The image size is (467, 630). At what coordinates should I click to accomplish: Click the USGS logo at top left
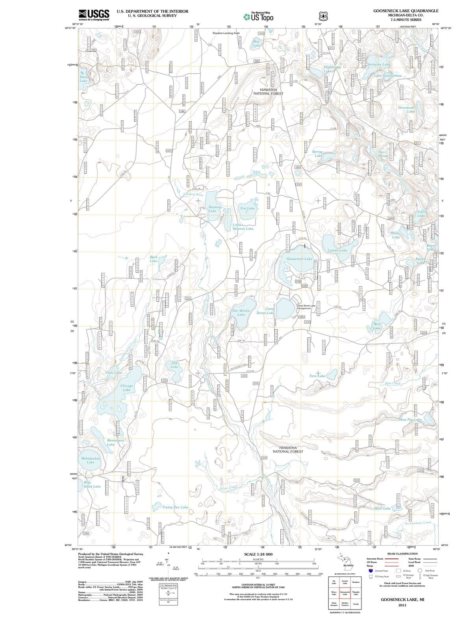(x=94, y=15)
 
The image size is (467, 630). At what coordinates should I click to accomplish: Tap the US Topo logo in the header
(x=258, y=17)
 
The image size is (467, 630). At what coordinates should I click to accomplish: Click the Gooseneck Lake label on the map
(x=299, y=259)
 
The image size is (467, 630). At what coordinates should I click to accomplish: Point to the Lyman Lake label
(x=337, y=250)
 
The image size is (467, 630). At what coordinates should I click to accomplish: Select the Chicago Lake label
(x=127, y=388)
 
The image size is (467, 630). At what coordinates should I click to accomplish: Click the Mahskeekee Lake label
(x=91, y=460)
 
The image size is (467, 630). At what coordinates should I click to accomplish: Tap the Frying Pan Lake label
(x=175, y=507)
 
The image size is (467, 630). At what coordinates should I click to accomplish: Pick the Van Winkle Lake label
(x=241, y=313)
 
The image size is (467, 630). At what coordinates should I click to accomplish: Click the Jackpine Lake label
(x=378, y=64)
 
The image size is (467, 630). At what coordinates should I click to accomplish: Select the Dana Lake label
(x=83, y=79)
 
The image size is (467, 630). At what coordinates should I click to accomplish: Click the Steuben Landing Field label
(x=226, y=33)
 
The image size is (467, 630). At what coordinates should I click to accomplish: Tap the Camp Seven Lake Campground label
(x=306, y=307)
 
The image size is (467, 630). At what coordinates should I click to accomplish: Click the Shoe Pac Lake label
(x=410, y=419)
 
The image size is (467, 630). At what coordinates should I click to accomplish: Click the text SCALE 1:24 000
(x=258, y=554)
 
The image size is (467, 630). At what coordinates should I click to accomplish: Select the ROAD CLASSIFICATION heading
(x=403, y=554)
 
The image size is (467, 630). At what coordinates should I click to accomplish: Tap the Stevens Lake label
(x=215, y=209)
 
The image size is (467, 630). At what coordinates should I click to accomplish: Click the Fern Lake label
(x=317, y=376)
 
